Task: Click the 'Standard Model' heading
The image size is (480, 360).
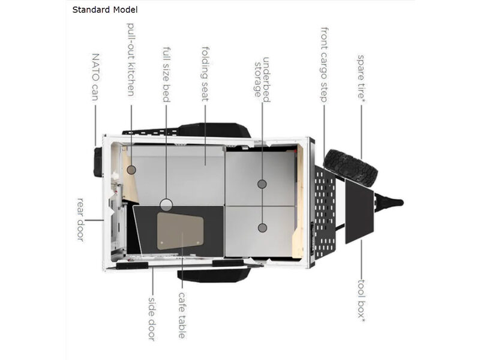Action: pos(104,10)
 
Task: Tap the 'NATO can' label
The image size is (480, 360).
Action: pos(96,77)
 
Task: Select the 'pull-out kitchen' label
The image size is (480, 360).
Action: pos(131,59)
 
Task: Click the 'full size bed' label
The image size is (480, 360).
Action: pos(166,74)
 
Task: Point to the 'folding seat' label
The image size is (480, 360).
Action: pos(205,74)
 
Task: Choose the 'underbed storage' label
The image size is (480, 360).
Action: pos(262,79)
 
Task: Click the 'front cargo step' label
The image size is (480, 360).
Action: pos(324,65)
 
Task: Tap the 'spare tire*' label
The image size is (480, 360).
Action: pos(361,77)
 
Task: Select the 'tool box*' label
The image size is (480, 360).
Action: pos(362,301)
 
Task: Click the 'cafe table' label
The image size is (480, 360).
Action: pos(182,316)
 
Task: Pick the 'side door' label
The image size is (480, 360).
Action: pos(152,319)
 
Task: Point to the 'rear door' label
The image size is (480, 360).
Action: pos(80,220)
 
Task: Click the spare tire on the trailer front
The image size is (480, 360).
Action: pos(350,168)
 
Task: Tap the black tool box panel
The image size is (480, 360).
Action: pos(359,211)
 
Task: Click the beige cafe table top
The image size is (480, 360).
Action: pos(180,232)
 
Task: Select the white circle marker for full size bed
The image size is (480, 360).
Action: pos(166,205)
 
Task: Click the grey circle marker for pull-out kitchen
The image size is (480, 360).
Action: pos(131,170)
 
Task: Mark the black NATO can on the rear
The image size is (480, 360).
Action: pos(98,162)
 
